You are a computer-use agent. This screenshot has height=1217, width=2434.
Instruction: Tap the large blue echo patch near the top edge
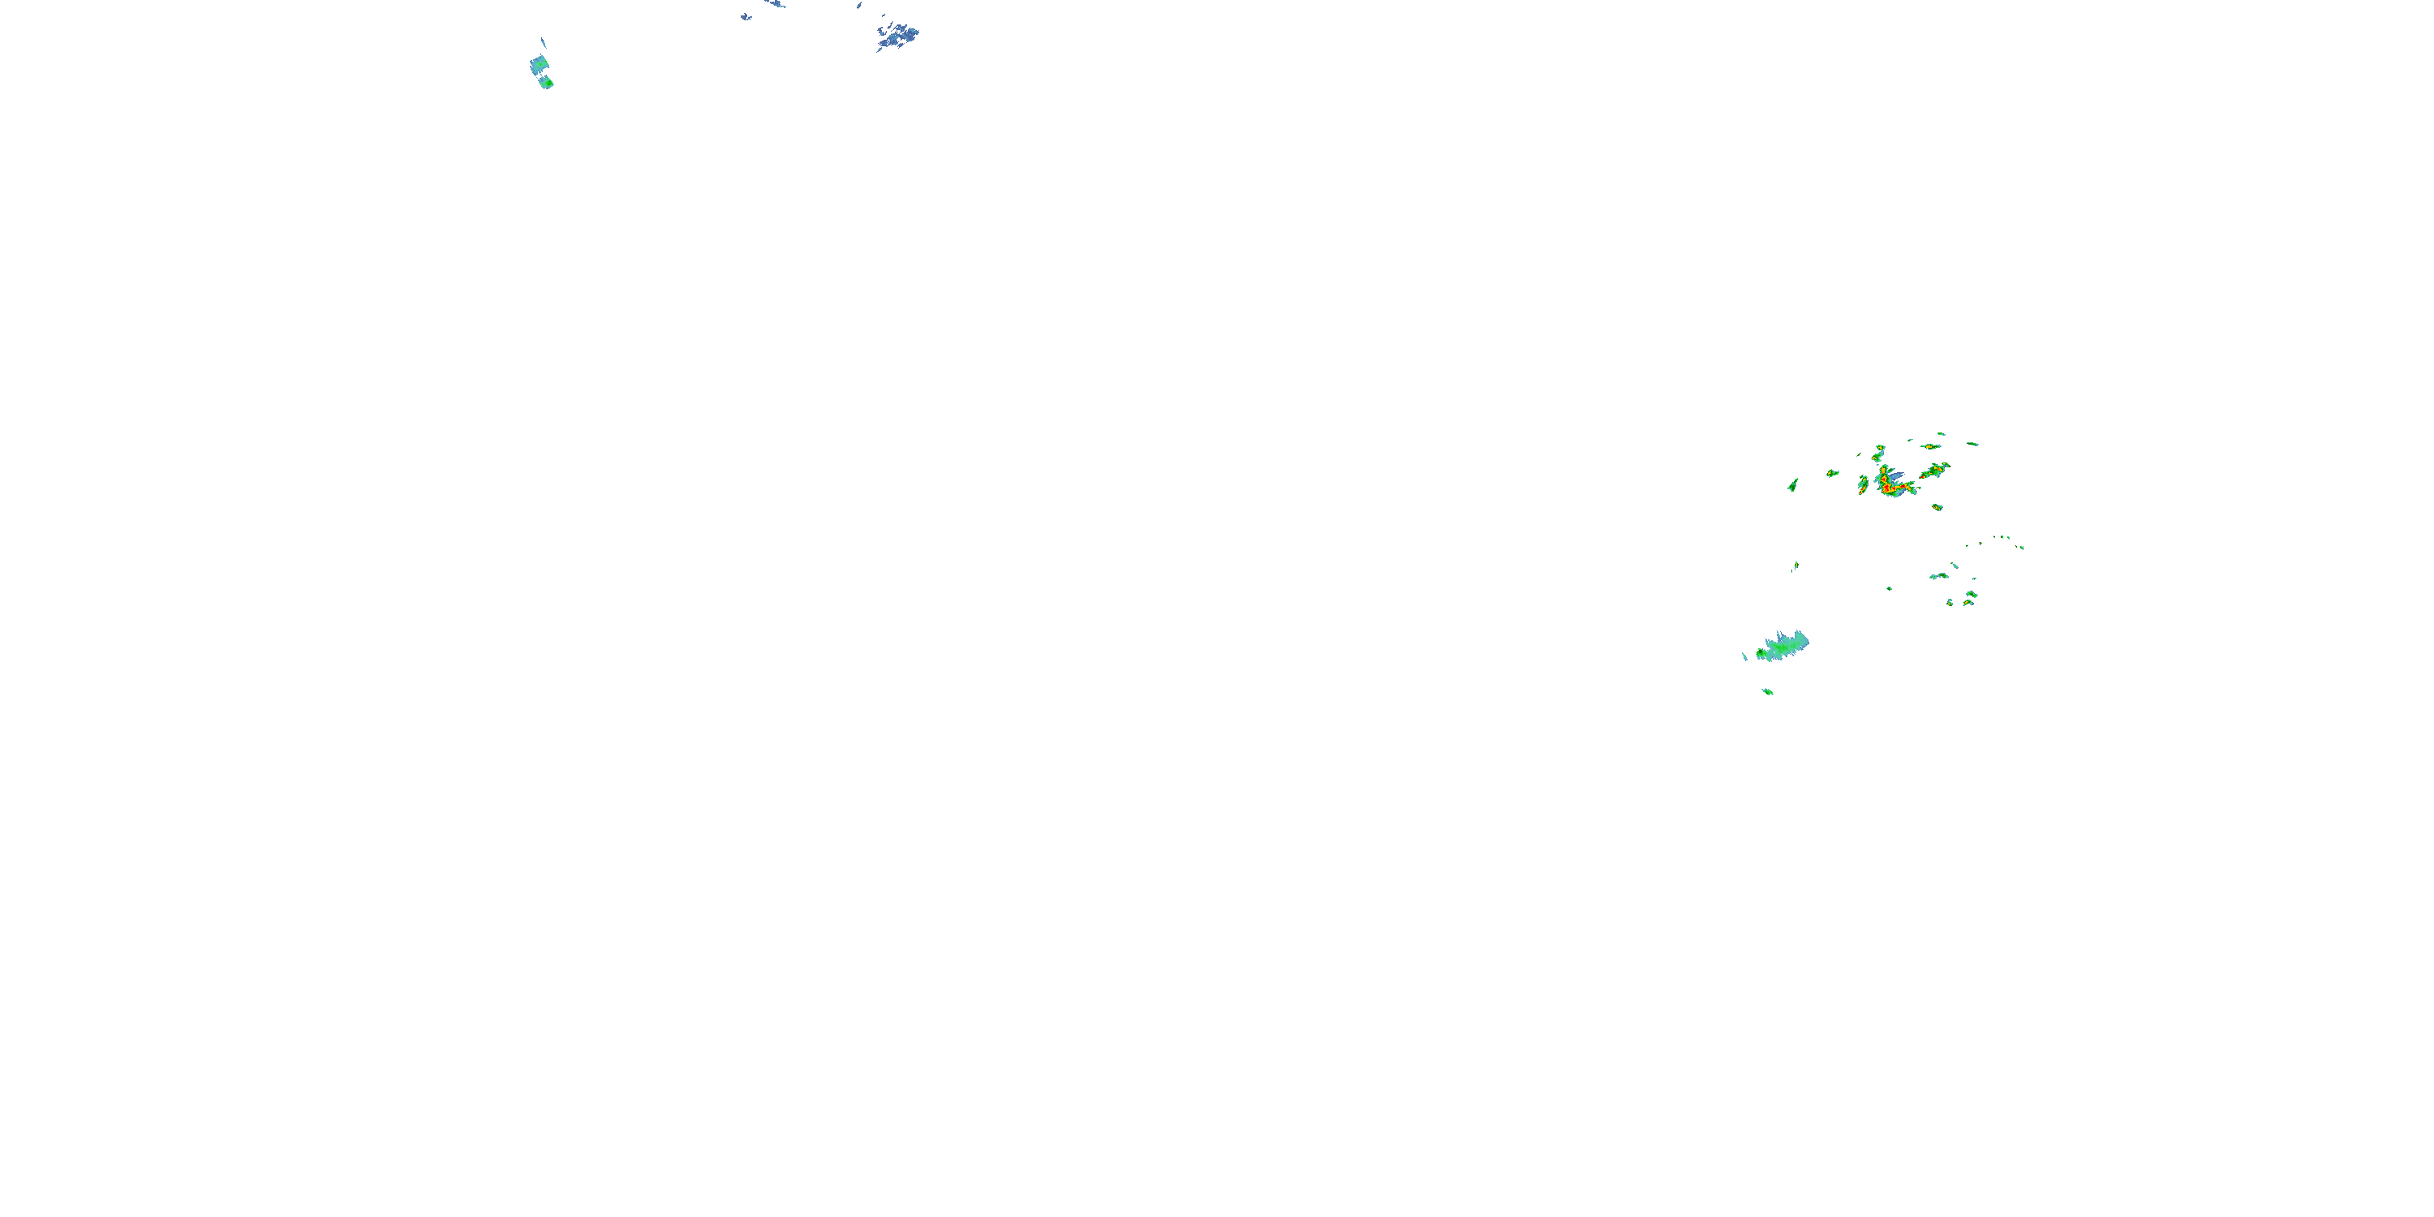[897, 35]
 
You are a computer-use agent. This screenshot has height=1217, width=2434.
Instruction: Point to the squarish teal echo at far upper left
[539, 64]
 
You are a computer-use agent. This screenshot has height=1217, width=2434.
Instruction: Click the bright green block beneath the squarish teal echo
[546, 83]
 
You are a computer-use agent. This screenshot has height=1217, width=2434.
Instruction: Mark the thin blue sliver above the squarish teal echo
[544, 42]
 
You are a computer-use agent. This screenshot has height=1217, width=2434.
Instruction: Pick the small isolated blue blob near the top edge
[746, 16]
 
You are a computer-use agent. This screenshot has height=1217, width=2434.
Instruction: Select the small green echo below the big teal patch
[1767, 691]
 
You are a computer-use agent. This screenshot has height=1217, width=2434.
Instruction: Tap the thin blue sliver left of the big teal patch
[1745, 656]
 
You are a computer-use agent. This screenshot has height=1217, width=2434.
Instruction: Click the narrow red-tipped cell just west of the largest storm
[1864, 484]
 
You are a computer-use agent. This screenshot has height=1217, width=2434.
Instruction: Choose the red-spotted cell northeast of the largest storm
[1934, 470]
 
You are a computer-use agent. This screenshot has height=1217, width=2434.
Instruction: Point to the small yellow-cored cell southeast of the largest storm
[1937, 507]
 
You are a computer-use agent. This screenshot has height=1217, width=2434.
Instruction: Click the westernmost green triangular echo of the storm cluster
[1792, 484]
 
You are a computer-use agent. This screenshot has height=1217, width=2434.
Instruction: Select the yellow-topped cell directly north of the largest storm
[1879, 453]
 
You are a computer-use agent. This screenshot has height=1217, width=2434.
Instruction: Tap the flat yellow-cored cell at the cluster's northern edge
[1930, 446]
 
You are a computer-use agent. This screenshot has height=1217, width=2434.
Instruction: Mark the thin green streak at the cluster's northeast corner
[1972, 443]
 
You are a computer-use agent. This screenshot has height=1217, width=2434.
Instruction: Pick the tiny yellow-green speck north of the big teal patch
[1795, 566]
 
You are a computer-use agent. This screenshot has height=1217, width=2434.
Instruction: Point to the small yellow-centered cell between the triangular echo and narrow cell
[1833, 472]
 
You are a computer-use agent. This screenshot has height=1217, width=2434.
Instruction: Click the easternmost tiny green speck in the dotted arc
[2022, 547]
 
